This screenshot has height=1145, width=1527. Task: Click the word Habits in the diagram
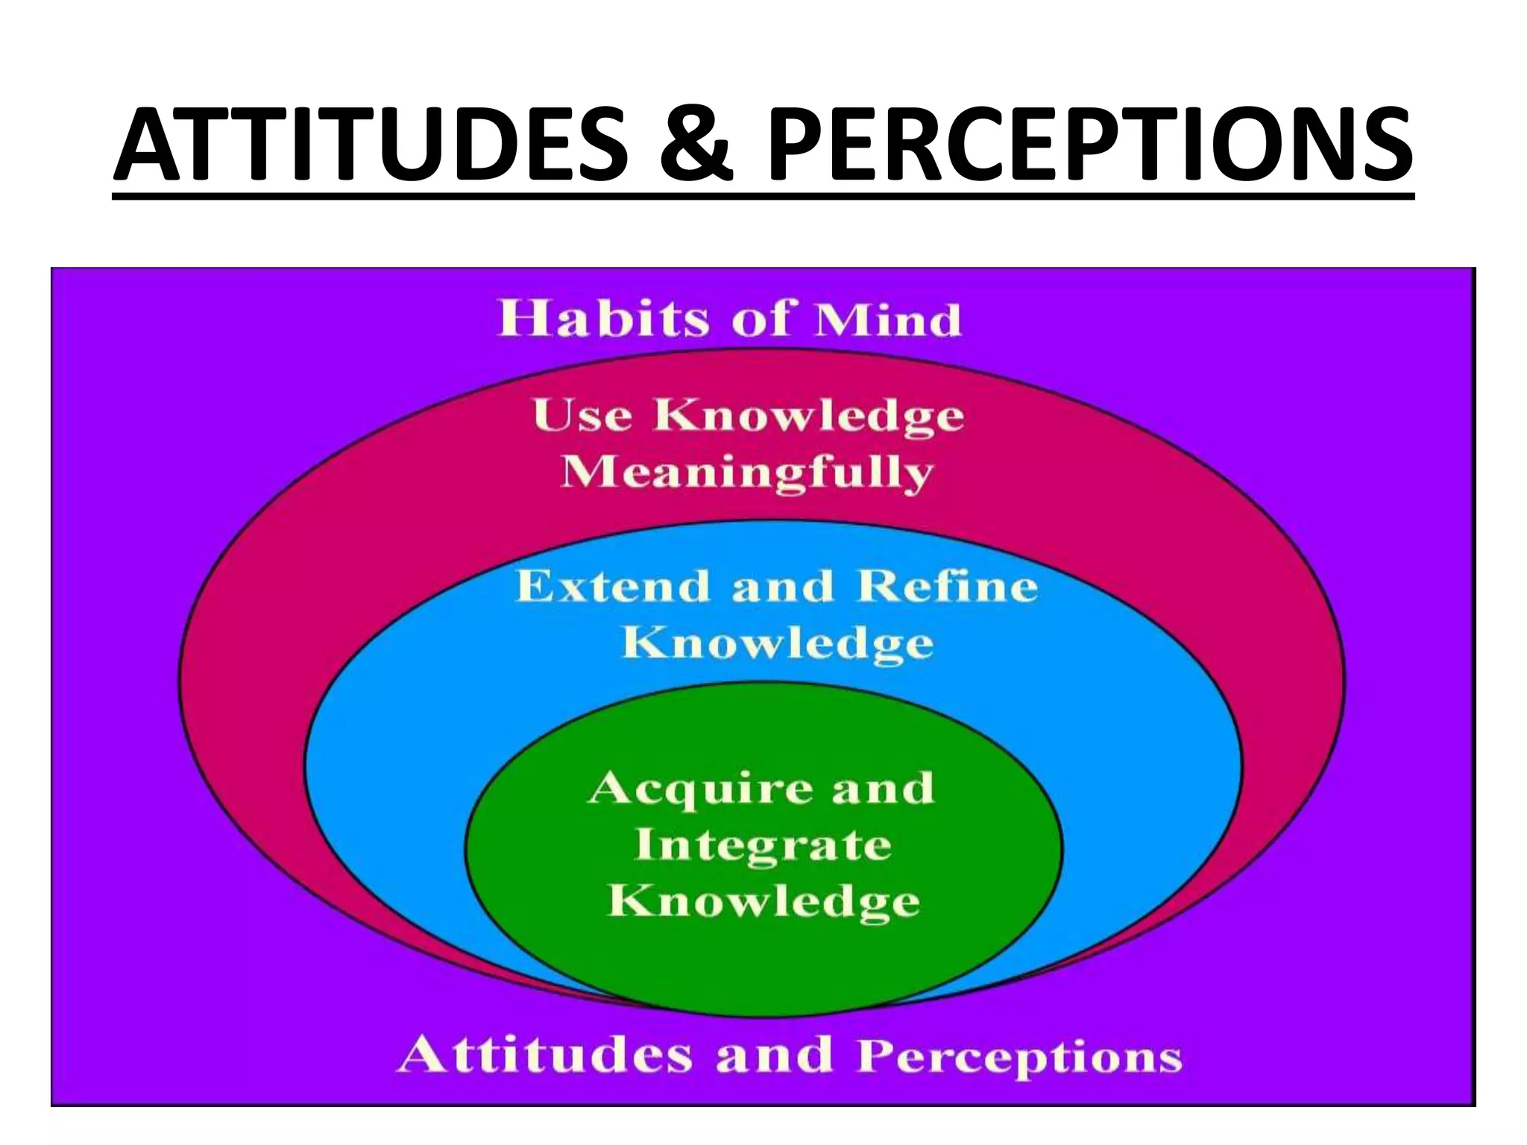(604, 319)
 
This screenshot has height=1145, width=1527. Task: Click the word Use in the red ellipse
(582, 414)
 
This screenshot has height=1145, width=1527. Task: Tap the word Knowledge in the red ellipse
(809, 416)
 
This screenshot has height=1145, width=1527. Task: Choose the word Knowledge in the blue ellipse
(777, 643)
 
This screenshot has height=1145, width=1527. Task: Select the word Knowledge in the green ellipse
(764, 902)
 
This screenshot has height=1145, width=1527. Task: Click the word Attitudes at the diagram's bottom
(545, 1055)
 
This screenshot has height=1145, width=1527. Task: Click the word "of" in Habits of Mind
(760, 319)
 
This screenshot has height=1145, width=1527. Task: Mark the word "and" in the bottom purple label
(773, 1055)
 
